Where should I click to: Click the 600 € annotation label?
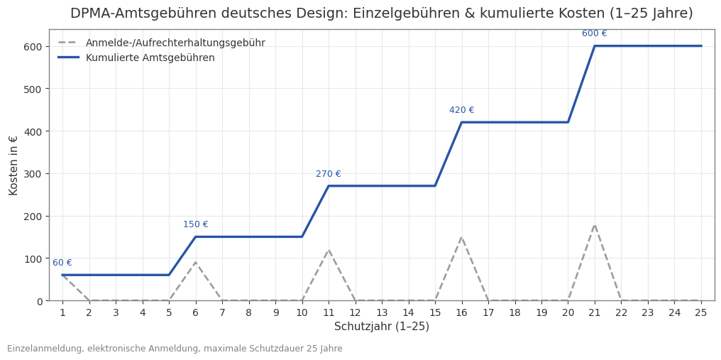coord(594,33)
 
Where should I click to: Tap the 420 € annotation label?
coord(461,110)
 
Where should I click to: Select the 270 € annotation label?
coord(328,174)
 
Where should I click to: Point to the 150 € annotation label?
coord(195,224)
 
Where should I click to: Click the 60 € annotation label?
coord(62,263)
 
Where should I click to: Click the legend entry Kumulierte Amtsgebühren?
coord(150,58)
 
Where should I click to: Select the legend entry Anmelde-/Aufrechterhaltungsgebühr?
coord(175,43)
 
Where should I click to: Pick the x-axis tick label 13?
coord(382,312)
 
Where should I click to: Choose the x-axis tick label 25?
coord(701,312)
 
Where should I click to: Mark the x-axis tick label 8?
coord(248,312)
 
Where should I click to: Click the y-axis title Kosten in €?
coord(14,165)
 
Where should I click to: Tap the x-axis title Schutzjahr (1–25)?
coord(382,327)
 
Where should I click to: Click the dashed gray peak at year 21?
coord(595,224)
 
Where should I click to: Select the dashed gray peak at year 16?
coord(461,237)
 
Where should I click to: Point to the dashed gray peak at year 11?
coord(329,250)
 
